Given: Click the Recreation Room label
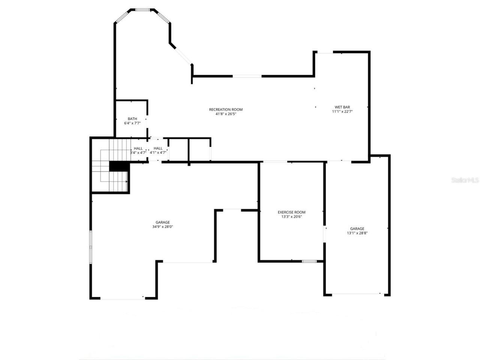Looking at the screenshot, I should tap(226, 109).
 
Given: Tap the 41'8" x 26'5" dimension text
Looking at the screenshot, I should tap(226, 114).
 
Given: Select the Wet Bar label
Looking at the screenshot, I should tap(342, 107).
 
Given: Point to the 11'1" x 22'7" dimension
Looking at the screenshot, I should tap(342, 111).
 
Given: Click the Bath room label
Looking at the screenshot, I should tap(132, 119).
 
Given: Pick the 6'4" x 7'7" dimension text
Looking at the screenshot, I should tap(132, 123).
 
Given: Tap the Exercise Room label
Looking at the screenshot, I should tap(291, 212).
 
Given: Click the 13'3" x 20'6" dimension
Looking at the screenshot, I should tap(291, 216).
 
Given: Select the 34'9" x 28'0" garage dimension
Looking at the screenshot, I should tap(163, 226).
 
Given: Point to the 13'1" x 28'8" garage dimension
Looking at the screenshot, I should tap(357, 233).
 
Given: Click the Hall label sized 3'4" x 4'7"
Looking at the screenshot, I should tap(138, 148).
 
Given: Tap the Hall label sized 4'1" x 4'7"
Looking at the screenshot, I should tap(158, 148).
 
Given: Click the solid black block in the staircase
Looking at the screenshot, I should tap(119, 166).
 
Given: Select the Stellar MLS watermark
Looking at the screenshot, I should tap(465, 180).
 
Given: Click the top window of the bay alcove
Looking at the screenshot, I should tap(143, 10).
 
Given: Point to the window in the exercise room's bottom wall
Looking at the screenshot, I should tap(309, 261).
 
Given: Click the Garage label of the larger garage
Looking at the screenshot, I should tap(163, 222).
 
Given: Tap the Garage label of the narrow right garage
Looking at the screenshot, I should tap(357, 229).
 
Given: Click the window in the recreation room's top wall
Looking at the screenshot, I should tap(247, 76).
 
